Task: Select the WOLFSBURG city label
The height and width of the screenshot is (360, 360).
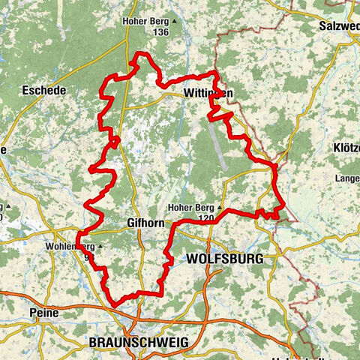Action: pyautogui.click(x=223, y=259)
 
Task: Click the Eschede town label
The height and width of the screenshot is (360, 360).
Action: pyautogui.click(x=44, y=90)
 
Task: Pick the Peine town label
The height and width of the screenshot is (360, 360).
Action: pyautogui.click(x=43, y=311)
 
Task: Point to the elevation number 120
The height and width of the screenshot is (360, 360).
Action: pyautogui.click(x=201, y=217)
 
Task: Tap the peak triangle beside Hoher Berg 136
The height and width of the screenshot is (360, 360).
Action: pyautogui.click(x=173, y=22)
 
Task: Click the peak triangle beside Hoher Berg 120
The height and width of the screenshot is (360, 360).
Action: pyautogui.click(x=220, y=207)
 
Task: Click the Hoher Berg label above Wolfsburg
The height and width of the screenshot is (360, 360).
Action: pyautogui.click(x=191, y=207)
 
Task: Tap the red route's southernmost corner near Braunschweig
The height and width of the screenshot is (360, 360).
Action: pyautogui.click(x=115, y=304)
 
